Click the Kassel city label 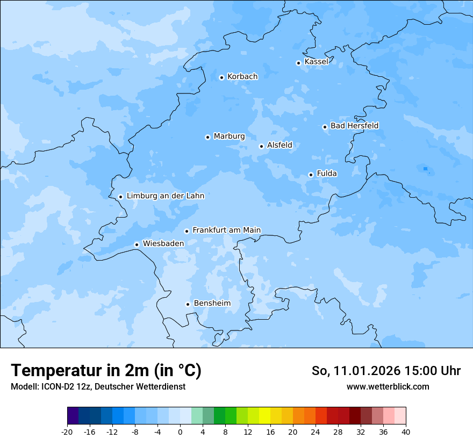[x=316, y=62]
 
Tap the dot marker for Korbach [x=221, y=77]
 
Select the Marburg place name [x=229, y=136]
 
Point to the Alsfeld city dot [x=261, y=146]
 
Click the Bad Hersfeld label [x=354, y=126]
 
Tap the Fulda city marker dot [x=311, y=175]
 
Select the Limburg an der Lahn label [x=165, y=196]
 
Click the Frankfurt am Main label [x=226, y=230]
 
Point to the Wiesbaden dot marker [x=137, y=244]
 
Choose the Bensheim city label [x=212, y=303]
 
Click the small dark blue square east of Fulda [x=425, y=169]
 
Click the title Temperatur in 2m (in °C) [x=106, y=370]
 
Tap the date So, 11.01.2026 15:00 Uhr [x=386, y=371]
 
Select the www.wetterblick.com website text [x=388, y=387]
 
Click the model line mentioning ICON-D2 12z [x=98, y=387]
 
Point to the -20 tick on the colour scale [x=67, y=431]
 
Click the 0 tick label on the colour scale [x=180, y=431]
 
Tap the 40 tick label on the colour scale [x=406, y=431]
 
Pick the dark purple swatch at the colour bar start [x=73, y=416]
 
